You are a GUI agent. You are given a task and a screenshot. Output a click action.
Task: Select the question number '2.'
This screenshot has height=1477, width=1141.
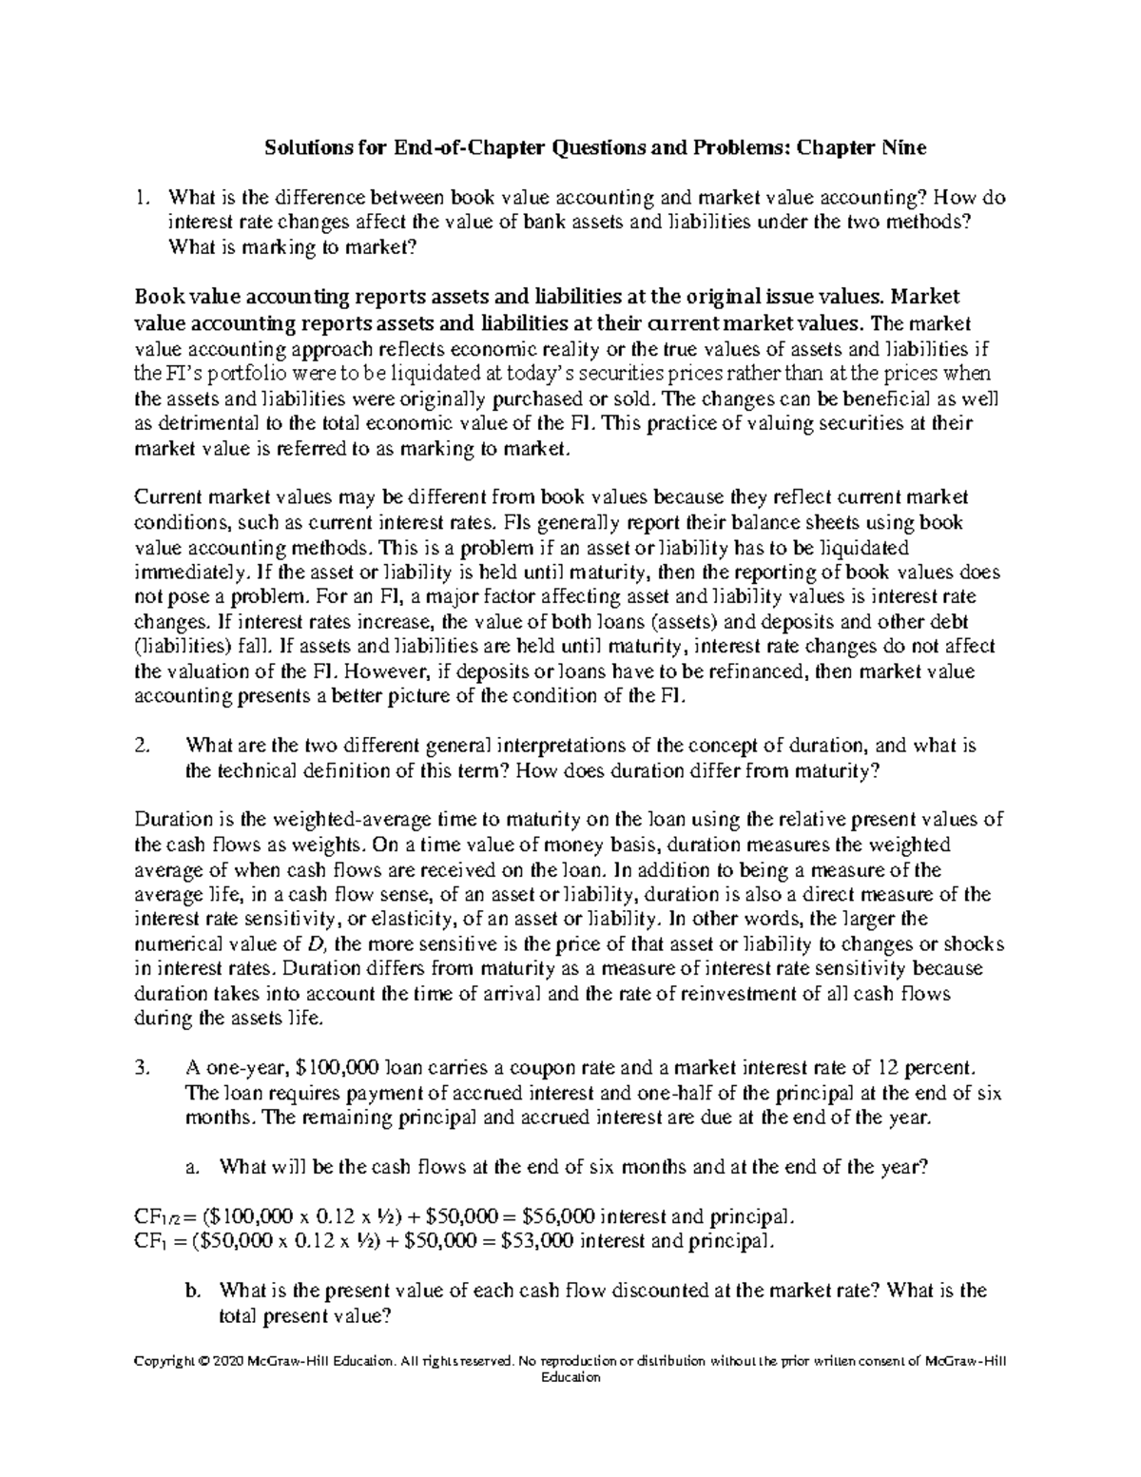click(x=143, y=747)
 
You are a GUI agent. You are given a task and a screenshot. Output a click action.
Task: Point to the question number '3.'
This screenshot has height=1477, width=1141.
click(x=143, y=1069)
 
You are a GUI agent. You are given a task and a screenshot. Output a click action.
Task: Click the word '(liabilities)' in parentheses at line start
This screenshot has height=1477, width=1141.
click(x=183, y=647)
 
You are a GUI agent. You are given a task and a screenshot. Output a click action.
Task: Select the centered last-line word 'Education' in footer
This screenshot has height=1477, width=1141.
click(x=570, y=1377)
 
